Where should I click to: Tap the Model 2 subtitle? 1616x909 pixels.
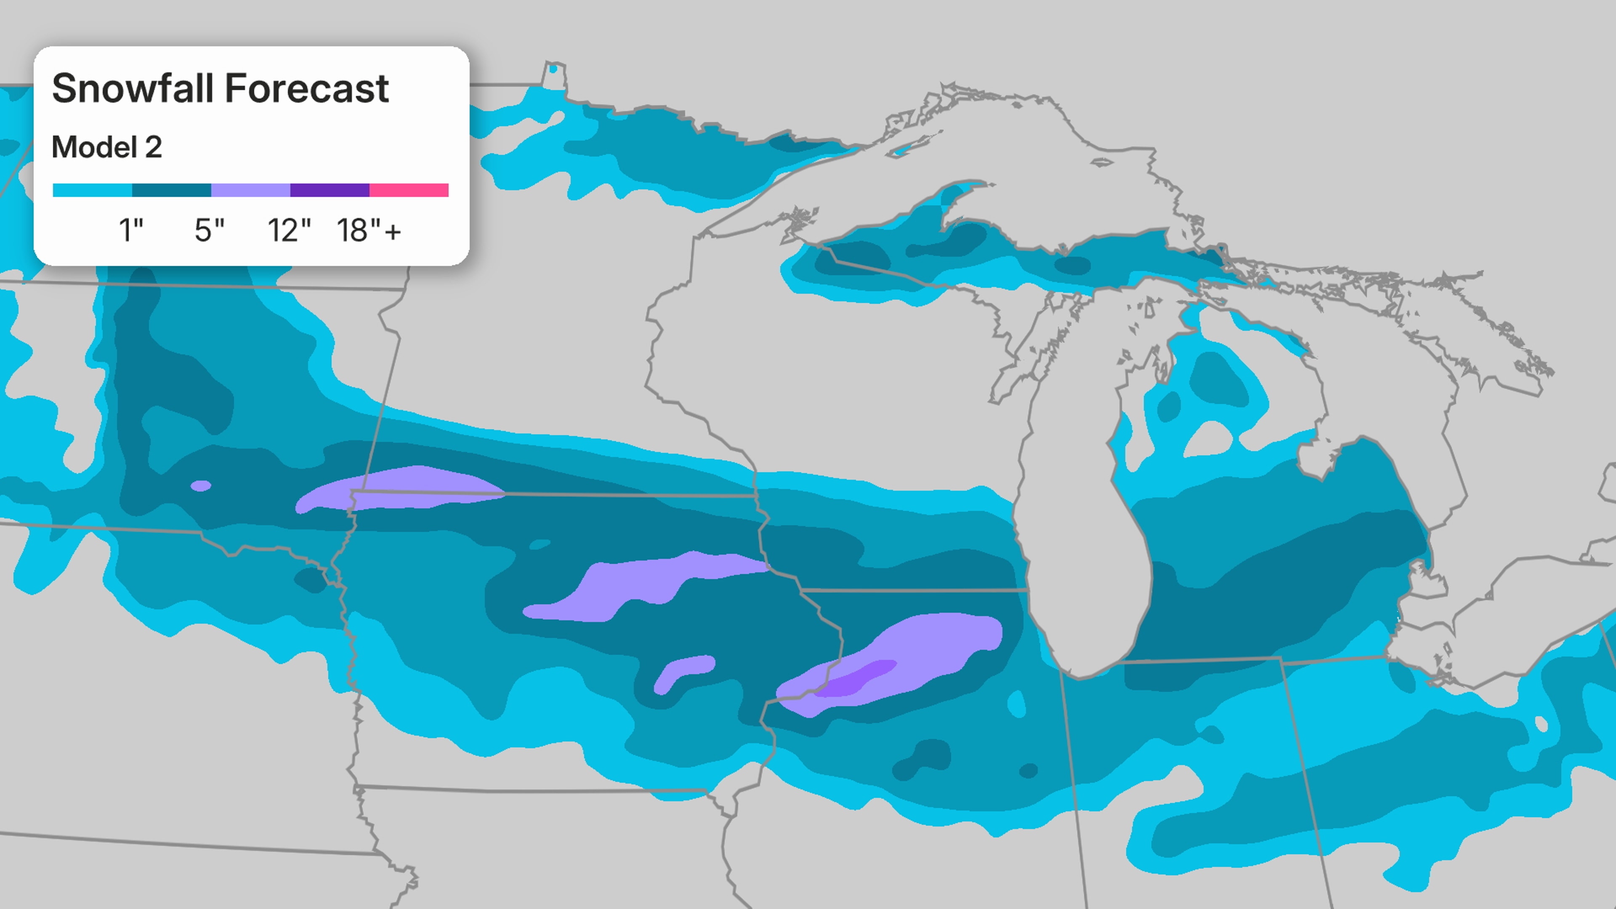pos(106,147)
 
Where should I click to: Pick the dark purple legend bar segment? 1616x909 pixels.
pos(330,190)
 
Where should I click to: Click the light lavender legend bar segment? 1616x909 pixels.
pos(250,190)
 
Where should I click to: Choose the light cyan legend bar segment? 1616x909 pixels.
pos(92,190)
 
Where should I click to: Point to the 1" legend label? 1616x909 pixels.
pos(131,230)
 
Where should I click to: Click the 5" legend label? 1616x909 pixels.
pos(209,230)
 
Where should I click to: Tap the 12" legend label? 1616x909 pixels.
pos(289,230)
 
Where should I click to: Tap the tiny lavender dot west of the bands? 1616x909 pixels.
pos(201,486)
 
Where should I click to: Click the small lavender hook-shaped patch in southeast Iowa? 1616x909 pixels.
pos(684,670)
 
